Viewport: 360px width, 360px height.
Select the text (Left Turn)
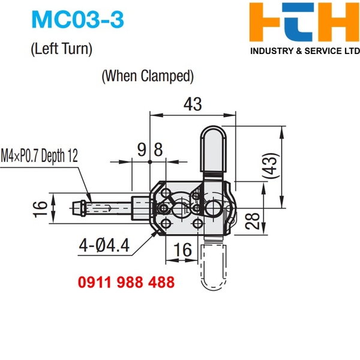coord(62,49)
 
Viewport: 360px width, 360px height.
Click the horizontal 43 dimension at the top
coord(192,104)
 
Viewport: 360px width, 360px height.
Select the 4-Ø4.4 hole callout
coord(109,245)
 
